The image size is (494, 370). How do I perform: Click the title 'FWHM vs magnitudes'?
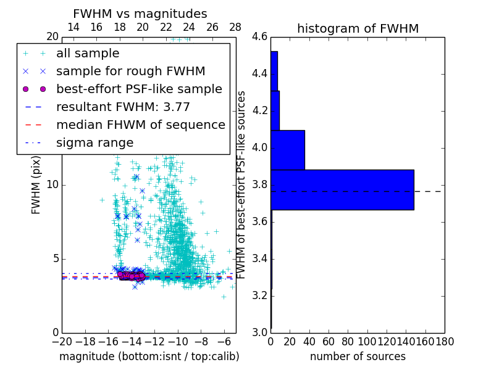[140, 14]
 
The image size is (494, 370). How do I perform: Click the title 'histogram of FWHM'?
[358, 28]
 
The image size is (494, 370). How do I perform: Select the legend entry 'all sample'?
[88, 54]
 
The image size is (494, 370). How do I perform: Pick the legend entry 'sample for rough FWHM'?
[130, 72]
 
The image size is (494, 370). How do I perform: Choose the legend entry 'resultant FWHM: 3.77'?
[123, 107]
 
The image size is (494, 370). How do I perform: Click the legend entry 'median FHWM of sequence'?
[140, 125]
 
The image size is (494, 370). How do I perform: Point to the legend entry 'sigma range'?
[94, 143]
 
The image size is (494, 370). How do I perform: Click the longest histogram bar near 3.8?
[342, 190]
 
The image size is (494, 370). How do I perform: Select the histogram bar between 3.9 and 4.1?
[288, 150]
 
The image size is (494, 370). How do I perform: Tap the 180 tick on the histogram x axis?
[445, 341]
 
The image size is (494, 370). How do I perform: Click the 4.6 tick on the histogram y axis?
[260, 37]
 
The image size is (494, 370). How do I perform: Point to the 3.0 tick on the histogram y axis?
[260, 332]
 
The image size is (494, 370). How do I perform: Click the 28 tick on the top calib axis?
[235, 28]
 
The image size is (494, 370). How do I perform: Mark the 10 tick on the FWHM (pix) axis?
[52, 185]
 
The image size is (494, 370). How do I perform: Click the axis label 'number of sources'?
[358, 356]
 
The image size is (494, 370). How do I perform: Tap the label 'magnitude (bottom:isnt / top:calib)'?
[149, 356]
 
